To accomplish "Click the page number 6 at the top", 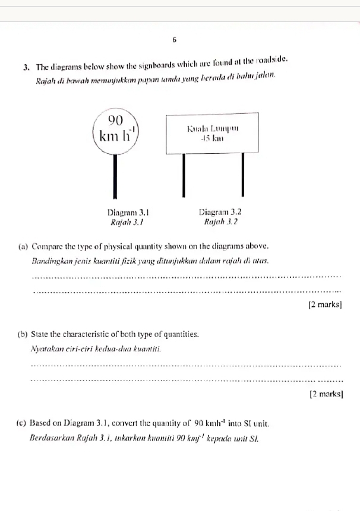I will tap(175, 39).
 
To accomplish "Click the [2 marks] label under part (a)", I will tap(325, 305).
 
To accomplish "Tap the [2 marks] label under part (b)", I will tap(327, 394).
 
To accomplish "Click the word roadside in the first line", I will tap(275, 61).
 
